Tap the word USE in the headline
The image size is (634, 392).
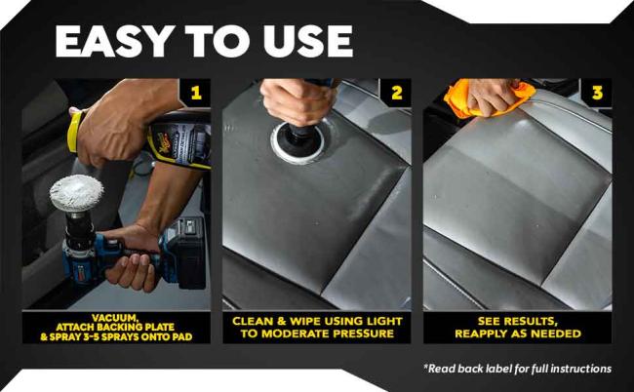(x=307, y=41)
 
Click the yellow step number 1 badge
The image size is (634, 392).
(x=196, y=93)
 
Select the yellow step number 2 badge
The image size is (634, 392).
(x=397, y=93)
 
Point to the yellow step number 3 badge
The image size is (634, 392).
(x=597, y=93)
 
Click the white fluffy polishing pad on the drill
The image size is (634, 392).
(x=76, y=193)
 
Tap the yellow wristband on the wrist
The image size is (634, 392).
(x=75, y=131)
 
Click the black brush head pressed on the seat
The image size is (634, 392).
(x=298, y=138)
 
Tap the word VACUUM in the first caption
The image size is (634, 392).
(x=116, y=318)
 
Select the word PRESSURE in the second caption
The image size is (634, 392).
(x=363, y=333)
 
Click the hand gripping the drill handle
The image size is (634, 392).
(x=132, y=258)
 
